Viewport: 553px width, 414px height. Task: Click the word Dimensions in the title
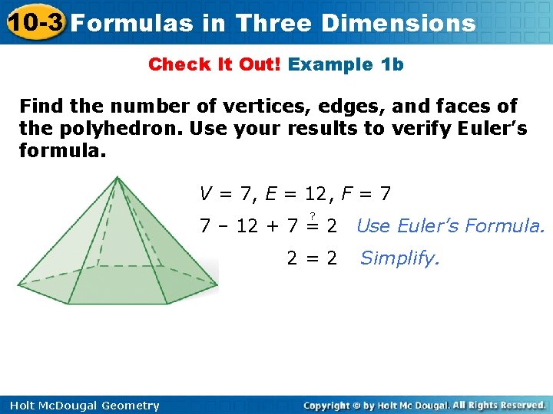399,23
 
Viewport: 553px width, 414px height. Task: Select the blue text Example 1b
346,64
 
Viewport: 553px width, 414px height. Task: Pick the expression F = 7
365,194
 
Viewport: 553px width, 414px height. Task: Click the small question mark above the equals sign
313,215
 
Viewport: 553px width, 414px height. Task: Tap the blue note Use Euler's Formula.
451,226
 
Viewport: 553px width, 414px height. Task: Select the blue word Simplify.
399,258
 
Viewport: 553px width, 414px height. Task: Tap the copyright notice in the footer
424,405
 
